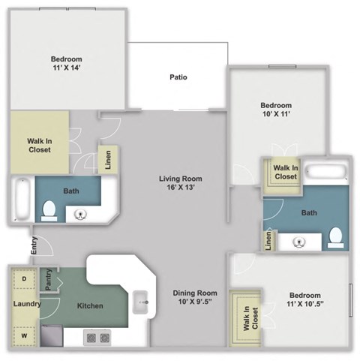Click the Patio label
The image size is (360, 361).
pos(178,77)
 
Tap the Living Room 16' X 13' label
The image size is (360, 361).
pos(181,183)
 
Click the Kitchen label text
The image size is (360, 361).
pos(90,306)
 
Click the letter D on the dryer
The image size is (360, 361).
pos(23,278)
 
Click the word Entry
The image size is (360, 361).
pos(34,245)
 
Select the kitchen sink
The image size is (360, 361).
pos(140,304)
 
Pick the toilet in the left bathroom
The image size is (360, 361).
pos(50,209)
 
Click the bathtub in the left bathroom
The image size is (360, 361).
pos(21,200)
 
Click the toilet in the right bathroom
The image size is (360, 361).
pos(335,236)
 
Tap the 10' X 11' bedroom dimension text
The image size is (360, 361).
pos(275,116)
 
